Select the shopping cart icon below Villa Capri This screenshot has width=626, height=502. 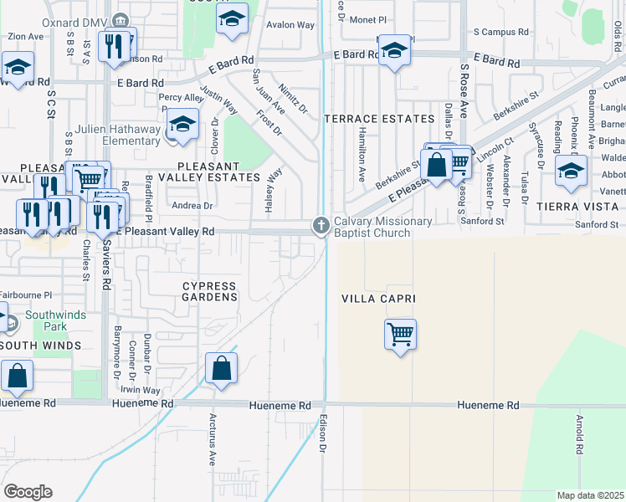click(x=401, y=335)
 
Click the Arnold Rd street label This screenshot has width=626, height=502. click(x=578, y=436)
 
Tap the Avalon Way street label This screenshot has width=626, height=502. click(x=290, y=25)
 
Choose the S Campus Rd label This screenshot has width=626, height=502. click(x=501, y=32)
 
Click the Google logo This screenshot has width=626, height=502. click(x=28, y=491)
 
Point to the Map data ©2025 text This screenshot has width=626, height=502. click(x=590, y=495)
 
